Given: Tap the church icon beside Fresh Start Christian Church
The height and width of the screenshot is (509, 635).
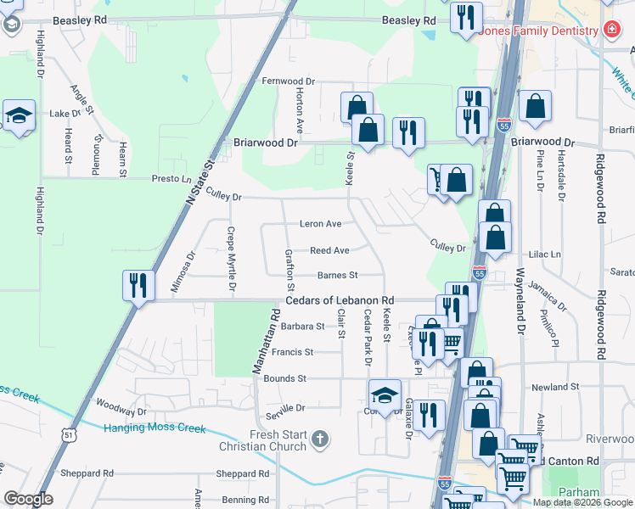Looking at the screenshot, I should [319, 439].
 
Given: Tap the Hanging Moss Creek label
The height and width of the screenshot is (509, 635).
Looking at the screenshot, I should [155, 428].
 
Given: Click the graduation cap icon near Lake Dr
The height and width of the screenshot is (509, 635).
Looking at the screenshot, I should [18, 115].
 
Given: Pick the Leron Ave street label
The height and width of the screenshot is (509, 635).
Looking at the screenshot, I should [320, 224].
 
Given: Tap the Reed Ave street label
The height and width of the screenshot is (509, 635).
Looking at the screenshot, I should [329, 250].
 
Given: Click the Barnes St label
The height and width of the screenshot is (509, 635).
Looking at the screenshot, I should [338, 275].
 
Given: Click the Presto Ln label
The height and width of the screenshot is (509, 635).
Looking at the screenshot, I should [171, 179].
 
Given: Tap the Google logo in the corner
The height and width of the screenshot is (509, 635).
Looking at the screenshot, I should [28, 499].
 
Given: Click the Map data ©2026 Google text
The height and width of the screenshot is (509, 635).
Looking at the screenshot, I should [582, 502].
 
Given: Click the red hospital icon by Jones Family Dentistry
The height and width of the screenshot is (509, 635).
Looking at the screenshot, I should [610, 31].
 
